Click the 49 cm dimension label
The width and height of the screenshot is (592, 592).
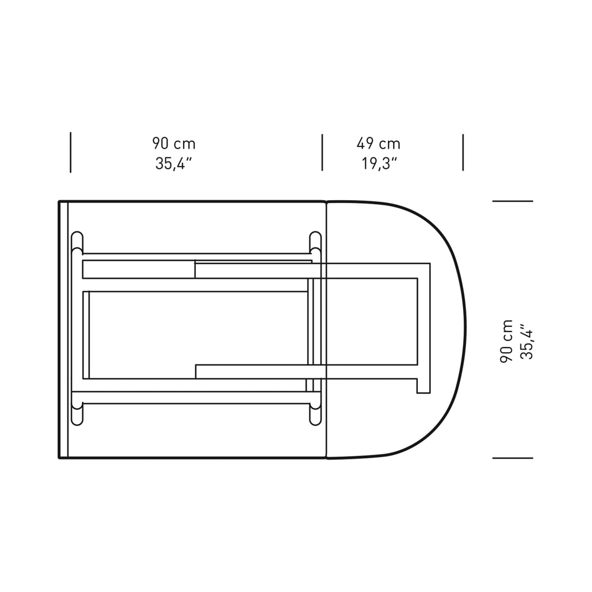[x=378, y=143]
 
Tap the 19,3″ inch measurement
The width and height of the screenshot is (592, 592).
[x=379, y=163]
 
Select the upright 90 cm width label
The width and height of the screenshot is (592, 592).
[x=173, y=143]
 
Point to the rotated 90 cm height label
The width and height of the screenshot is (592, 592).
[x=506, y=342]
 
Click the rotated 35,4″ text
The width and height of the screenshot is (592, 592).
[x=526, y=342]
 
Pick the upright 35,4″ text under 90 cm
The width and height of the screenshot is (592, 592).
[x=173, y=163]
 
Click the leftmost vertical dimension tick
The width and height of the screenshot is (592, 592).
[x=70, y=153]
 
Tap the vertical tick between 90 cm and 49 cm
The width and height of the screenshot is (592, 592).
[x=322, y=153]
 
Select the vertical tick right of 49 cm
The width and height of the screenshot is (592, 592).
[x=463, y=153]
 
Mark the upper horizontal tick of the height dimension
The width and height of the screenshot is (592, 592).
[x=513, y=201]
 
